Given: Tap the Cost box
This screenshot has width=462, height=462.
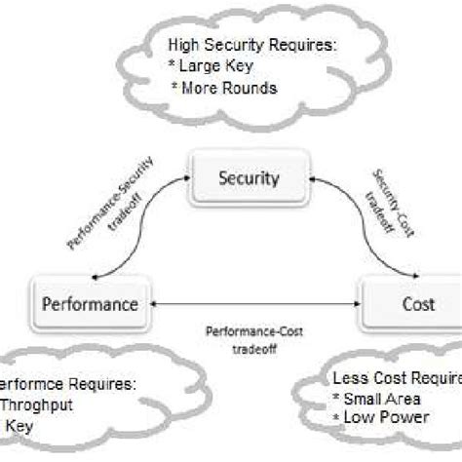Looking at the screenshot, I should [x=411, y=303].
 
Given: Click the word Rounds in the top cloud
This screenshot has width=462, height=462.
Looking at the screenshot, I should [x=255, y=88].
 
